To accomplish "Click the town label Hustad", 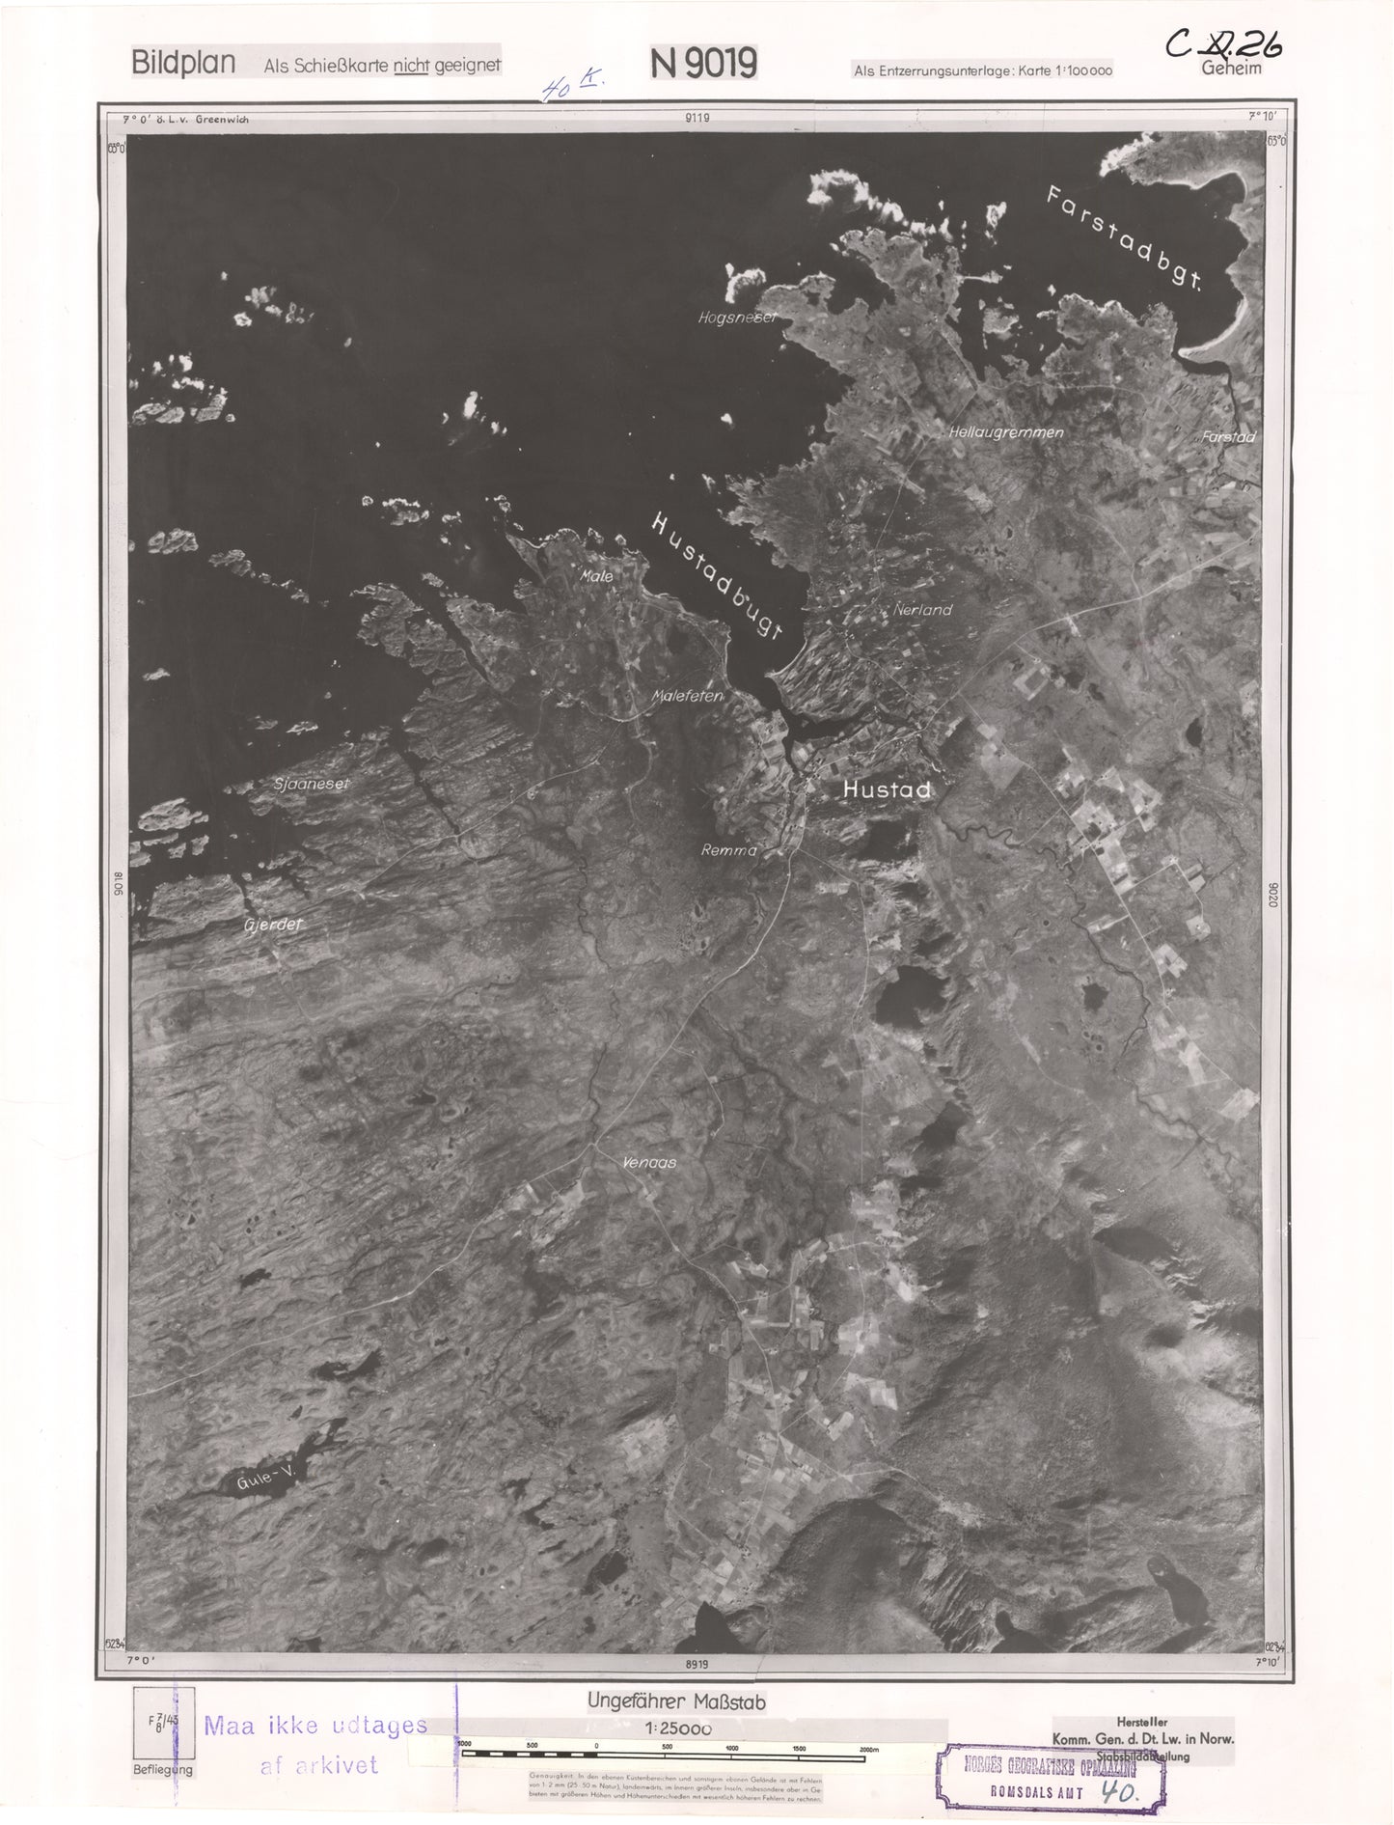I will coord(887,789).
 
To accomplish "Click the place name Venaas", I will coord(648,1163).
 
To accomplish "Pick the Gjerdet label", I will coord(274,924).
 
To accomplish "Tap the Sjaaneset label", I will coord(311,784).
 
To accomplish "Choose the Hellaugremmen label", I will coord(1005,432).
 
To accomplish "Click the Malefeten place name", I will coord(687,695).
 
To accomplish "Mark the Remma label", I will coord(728,851).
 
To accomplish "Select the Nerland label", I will coord(922,610).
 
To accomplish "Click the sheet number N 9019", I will coord(703,64).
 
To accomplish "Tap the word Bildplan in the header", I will coord(183,64).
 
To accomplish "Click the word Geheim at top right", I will coord(1231,69).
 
